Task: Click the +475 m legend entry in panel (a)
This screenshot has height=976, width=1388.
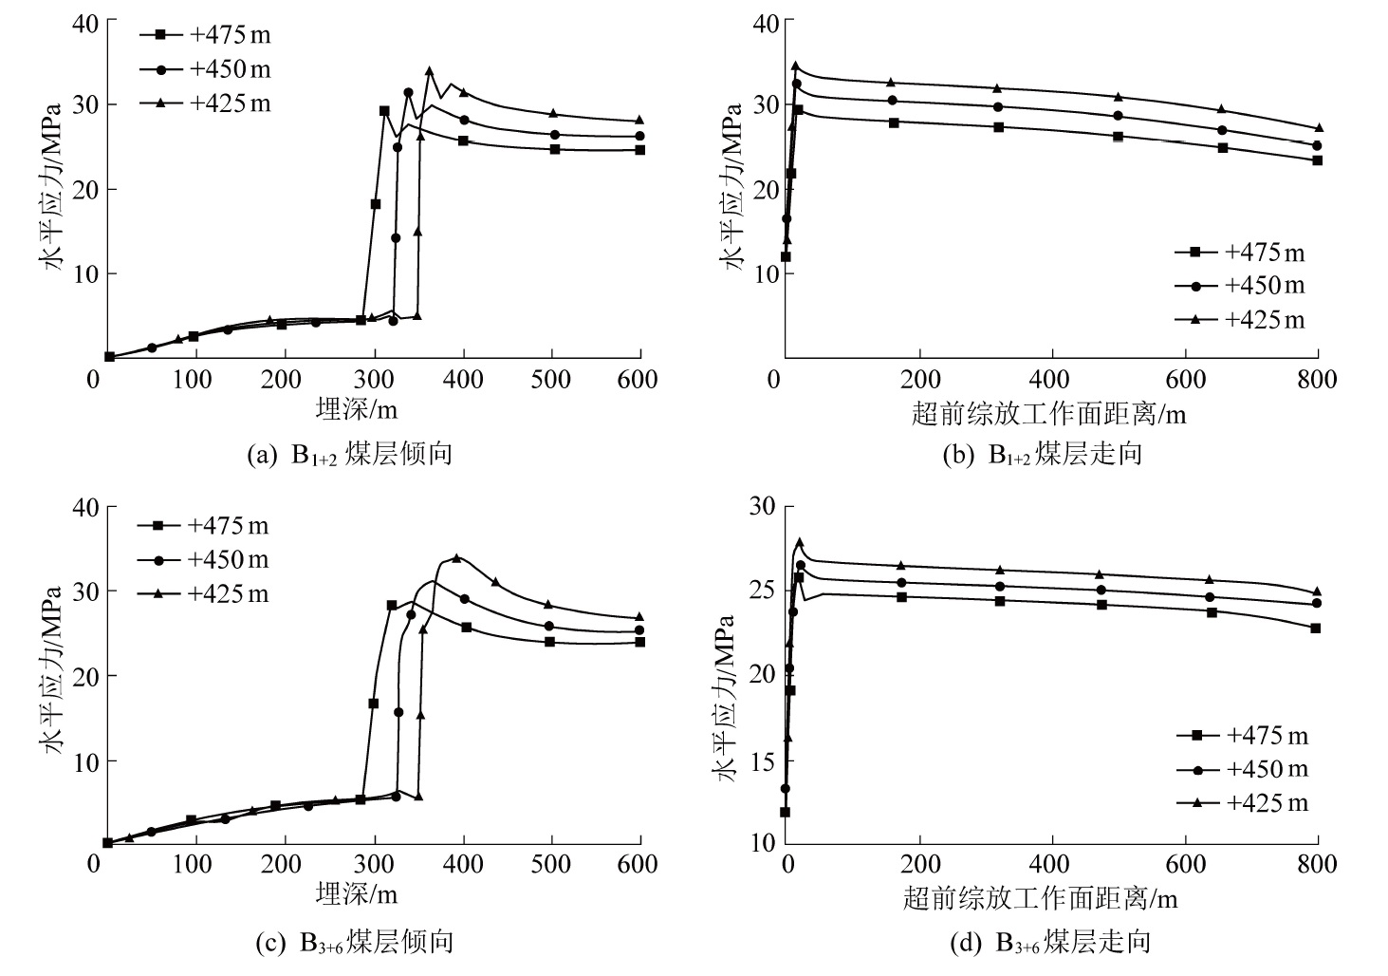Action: click(206, 35)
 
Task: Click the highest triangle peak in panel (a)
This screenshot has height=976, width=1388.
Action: click(429, 70)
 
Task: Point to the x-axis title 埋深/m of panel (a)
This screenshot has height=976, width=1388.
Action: click(357, 409)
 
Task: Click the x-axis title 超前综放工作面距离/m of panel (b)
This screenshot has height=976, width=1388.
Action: click(1048, 414)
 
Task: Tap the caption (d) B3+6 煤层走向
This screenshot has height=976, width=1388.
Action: click(1049, 942)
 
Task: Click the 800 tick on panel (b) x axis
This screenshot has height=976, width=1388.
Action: click(1317, 381)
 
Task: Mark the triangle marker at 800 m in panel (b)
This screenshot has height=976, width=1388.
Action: click(1319, 127)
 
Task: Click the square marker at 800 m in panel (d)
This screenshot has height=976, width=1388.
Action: click(1316, 629)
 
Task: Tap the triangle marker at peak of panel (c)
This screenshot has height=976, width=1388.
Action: click(456, 557)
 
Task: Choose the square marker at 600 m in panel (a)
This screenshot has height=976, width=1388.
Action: click(640, 150)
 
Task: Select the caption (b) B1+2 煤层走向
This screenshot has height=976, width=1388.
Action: click(1043, 455)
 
